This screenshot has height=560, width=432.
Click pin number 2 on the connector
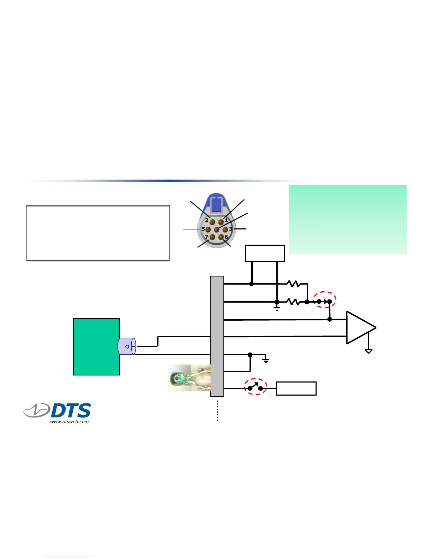tap(212, 222)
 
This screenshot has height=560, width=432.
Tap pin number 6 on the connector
tap(221, 237)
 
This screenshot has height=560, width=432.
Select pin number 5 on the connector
tap(208, 230)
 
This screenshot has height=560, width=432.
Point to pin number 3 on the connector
tap(225, 230)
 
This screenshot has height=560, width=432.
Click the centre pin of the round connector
tap(217, 230)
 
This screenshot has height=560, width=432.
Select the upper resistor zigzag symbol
tap(293, 284)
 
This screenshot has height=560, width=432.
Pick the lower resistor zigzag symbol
tap(293, 302)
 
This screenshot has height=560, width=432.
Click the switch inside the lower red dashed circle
tap(255, 387)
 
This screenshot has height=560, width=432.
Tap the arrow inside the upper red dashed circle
tap(325, 301)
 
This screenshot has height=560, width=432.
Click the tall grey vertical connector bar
tap(217, 336)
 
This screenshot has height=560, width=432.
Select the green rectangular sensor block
tap(96, 346)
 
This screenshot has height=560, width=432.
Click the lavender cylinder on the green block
tap(127, 346)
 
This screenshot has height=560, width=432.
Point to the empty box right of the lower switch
tap(296, 388)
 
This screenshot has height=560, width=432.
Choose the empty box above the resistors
tap(265, 253)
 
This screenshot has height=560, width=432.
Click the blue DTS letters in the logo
tap(71, 411)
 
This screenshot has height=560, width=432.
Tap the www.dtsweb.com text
tap(70, 421)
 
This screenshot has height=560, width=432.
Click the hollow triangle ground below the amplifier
tap(368, 351)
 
